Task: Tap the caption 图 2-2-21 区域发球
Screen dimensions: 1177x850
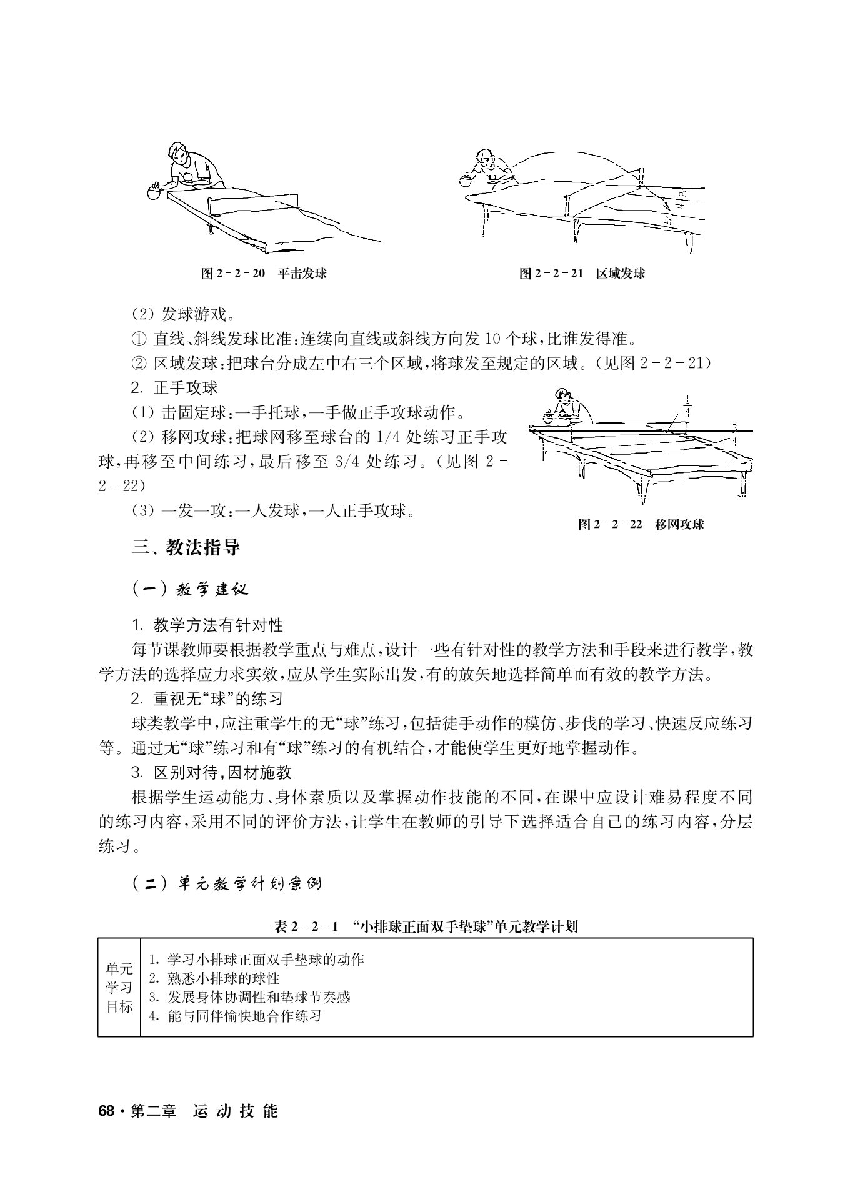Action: point(582,273)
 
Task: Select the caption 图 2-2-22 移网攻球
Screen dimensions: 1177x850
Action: point(641,524)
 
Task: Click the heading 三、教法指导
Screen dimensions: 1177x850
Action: point(186,548)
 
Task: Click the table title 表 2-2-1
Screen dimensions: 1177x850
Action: point(426,926)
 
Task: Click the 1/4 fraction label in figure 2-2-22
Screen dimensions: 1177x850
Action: point(687,406)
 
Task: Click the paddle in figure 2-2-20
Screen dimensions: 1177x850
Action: point(154,192)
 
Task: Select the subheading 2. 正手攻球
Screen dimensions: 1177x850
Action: point(174,387)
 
